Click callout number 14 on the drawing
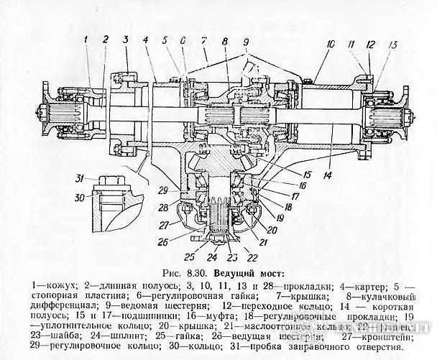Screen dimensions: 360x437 coord(328,175)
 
